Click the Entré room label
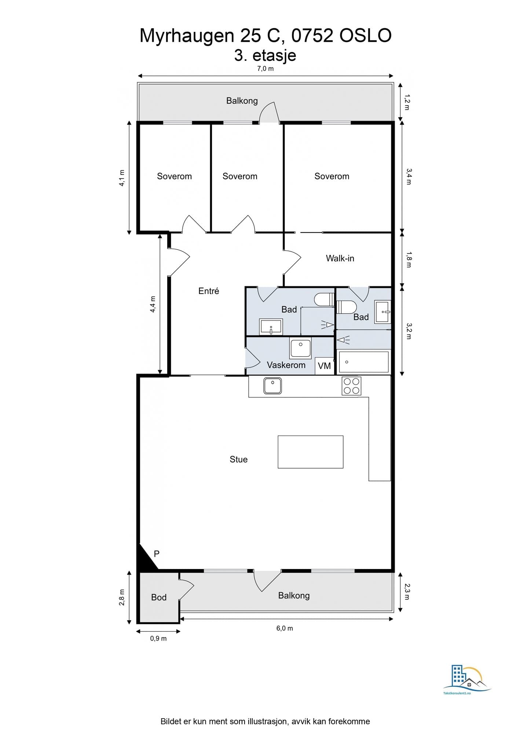(x=209, y=291)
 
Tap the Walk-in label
(x=340, y=259)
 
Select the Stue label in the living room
(x=238, y=459)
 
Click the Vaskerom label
(x=286, y=365)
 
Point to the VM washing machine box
(x=325, y=366)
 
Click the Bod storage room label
(x=159, y=597)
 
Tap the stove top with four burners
(x=351, y=386)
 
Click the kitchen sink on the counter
(x=272, y=386)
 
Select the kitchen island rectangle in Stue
(x=311, y=452)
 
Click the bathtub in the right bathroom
(x=364, y=362)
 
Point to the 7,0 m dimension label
(x=265, y=69)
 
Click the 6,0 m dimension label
(x=285, y=628)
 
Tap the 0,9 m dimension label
(x=158, y=638)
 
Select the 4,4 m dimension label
(x=153, y=304)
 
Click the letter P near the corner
(x=157, y=554)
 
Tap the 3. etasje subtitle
(x=265, y=55)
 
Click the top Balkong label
(x=242, y=101)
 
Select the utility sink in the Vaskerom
(x=301, y=348)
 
